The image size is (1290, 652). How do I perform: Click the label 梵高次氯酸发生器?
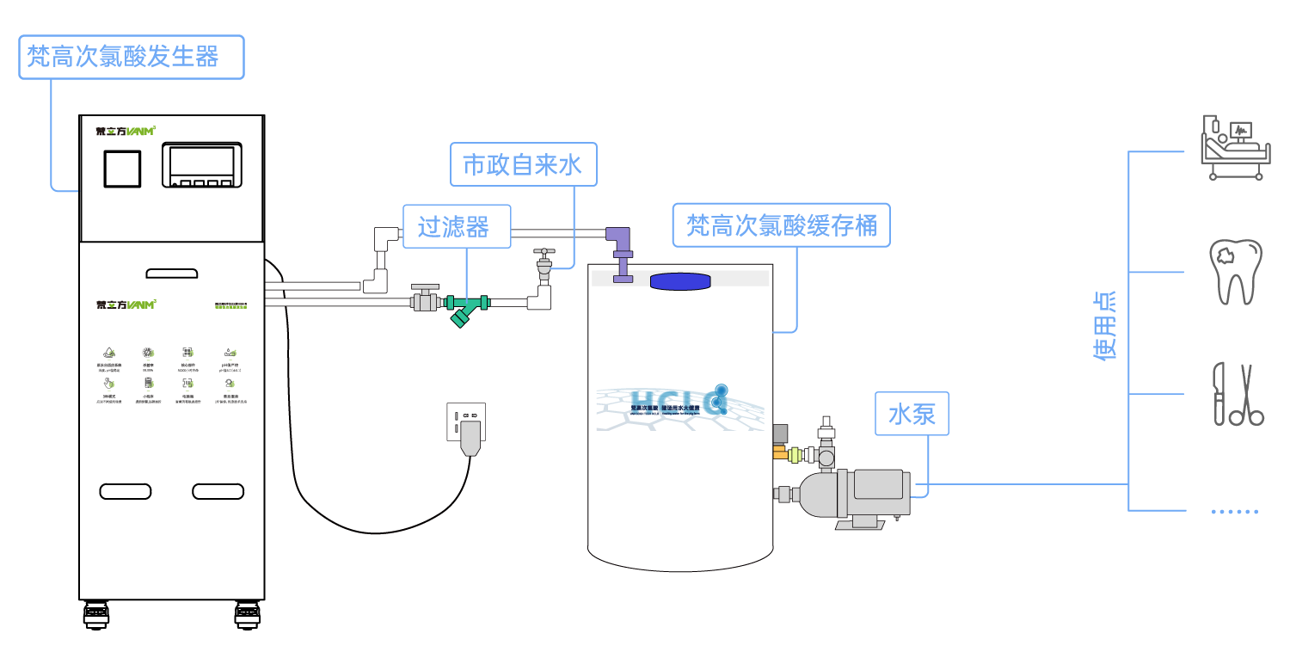(131, 57)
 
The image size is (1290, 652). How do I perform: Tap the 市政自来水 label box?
(523, 164)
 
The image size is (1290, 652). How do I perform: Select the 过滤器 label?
(456, 226)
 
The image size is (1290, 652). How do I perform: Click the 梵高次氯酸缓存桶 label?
(781, 225)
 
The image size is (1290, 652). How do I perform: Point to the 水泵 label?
(912, 414)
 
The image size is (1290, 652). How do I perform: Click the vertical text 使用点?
(1104, 324)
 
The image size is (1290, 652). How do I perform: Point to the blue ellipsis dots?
(1235, 512)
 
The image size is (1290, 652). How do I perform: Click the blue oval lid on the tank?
(680, 281)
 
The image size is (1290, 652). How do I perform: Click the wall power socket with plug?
(466, 426)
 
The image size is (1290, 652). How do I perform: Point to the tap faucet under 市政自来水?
(544, 266)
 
